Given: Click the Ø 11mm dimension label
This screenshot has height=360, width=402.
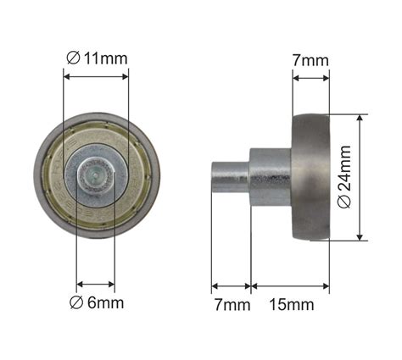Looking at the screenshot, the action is coord(97,58).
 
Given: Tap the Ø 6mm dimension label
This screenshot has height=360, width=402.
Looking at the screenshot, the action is coord(97,303).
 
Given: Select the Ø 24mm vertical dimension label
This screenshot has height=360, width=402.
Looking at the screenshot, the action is coord(344,177).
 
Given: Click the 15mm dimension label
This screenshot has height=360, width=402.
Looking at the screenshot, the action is coord(292,305).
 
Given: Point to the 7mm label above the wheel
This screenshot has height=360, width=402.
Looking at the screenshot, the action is coord(310,60).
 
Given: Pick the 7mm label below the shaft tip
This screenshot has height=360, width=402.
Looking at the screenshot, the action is coord(232,305).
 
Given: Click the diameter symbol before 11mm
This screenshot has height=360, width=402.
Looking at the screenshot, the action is coord(73,58).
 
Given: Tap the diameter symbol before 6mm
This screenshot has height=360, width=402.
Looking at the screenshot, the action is coord(76,303).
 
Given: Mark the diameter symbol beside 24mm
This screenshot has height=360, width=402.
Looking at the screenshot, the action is coord(344,202).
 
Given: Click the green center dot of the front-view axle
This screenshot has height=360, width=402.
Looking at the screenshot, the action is coord(95,174).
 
